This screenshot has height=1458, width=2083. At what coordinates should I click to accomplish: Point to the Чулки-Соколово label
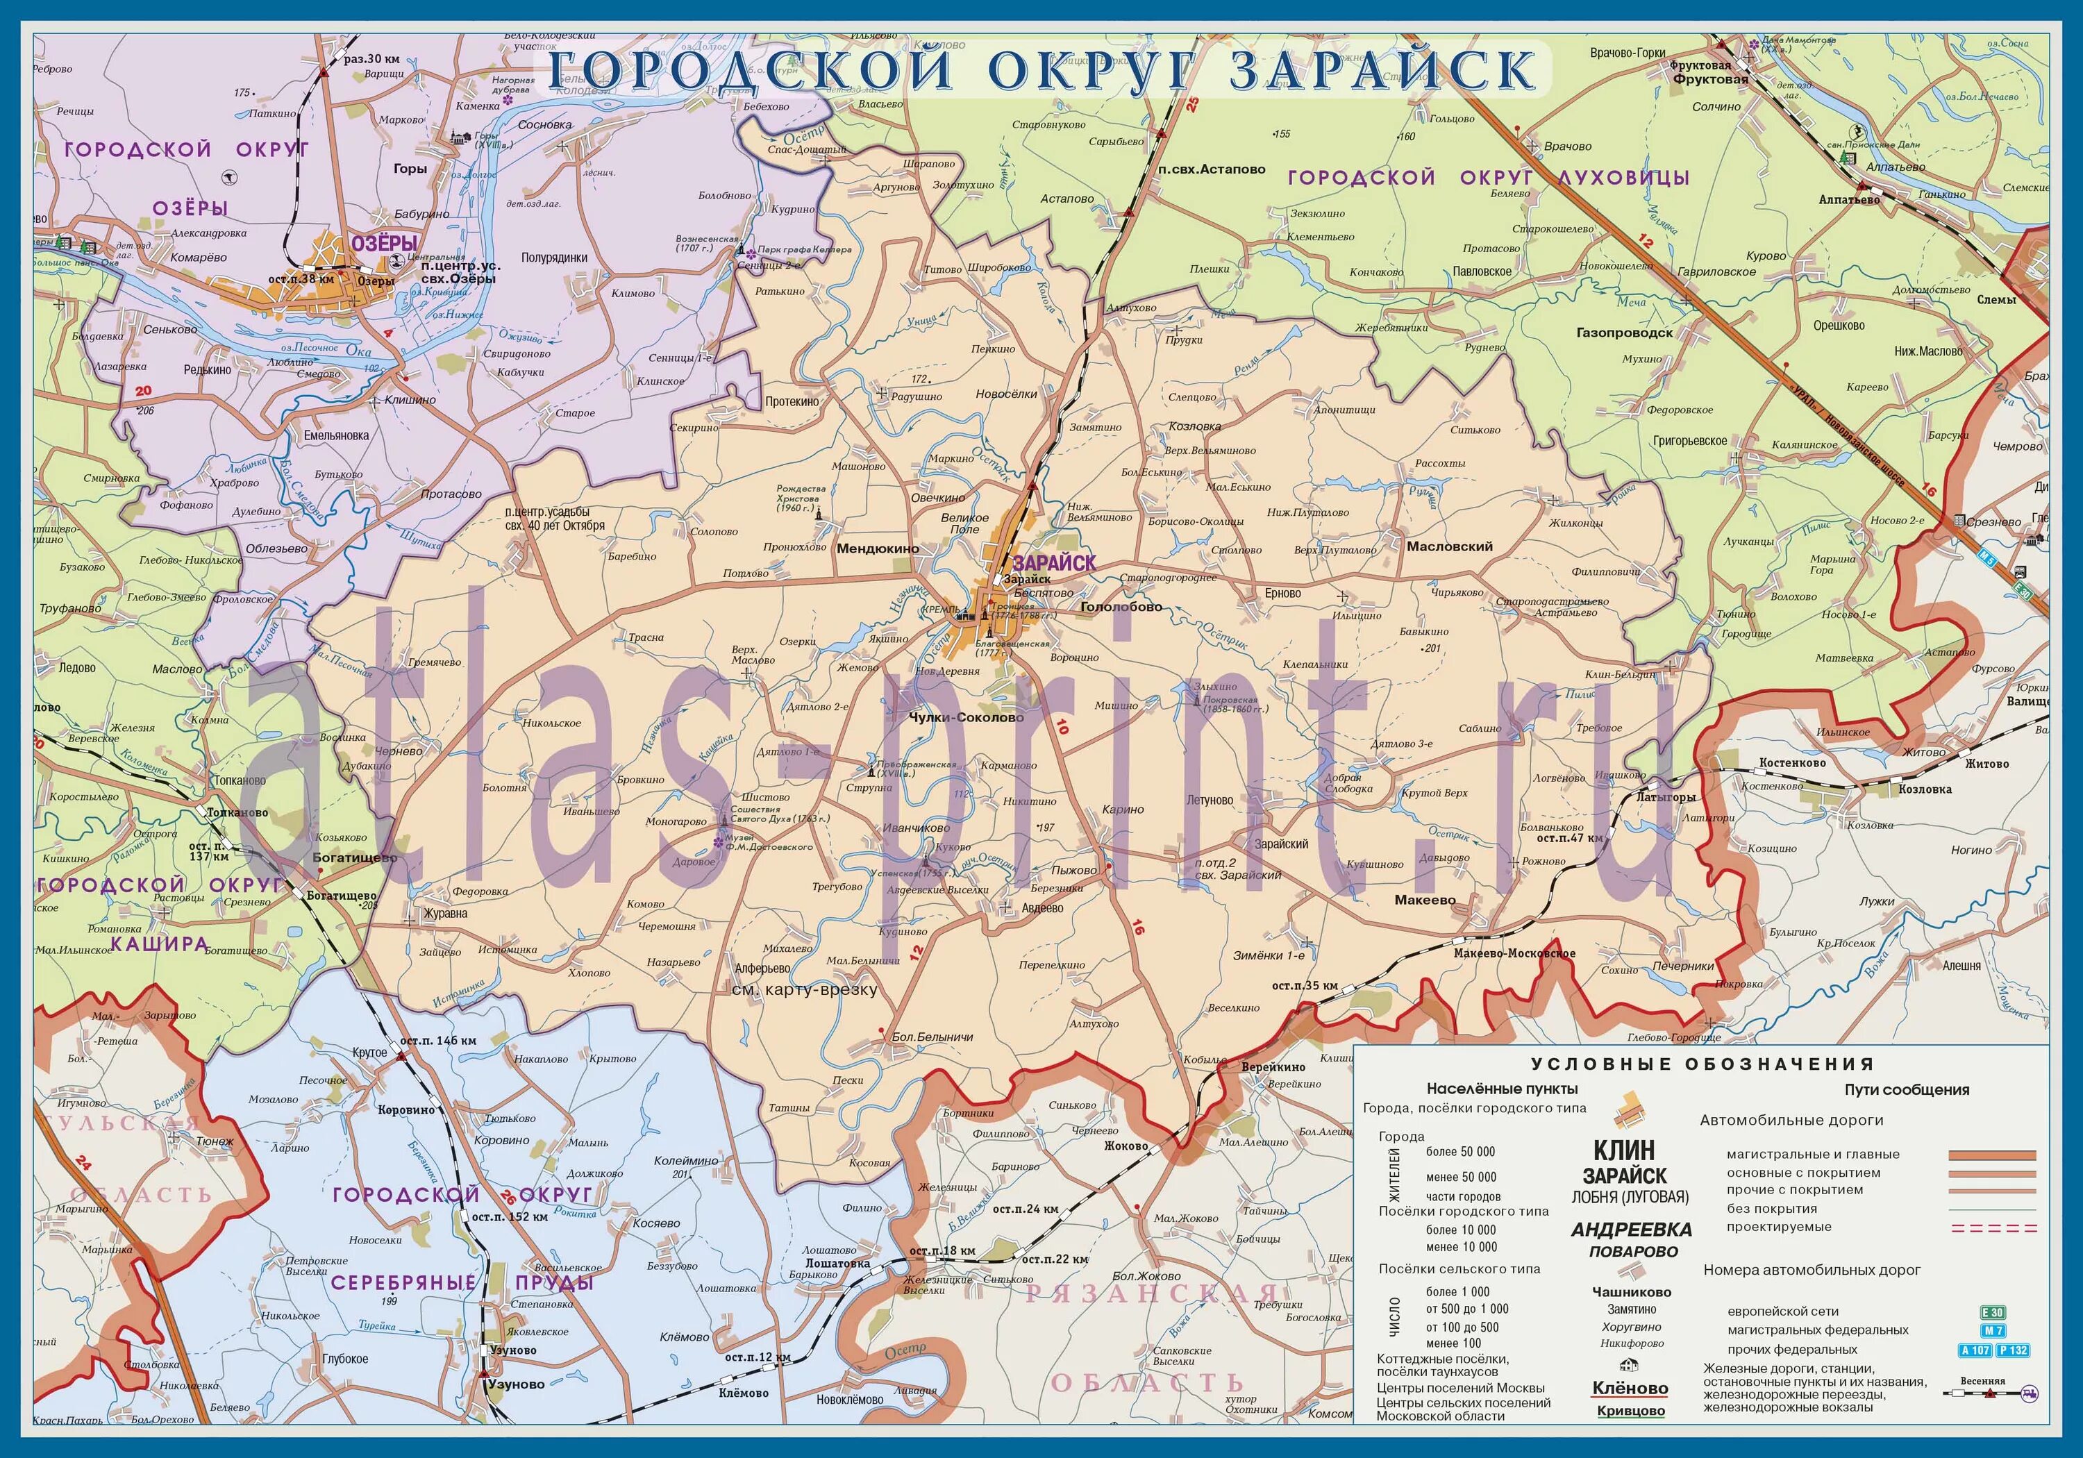click(x=965, y=717)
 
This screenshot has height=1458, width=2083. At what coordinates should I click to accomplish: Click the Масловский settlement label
click(x=1450, y=546)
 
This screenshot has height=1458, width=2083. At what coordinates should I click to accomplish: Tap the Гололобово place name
click(x=1121, y=607)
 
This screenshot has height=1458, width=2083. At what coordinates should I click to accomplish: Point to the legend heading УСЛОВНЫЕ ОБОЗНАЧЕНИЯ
click(x=1702, y=1064)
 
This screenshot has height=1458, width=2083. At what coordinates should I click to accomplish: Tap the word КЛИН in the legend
click(x=1630, y=1150)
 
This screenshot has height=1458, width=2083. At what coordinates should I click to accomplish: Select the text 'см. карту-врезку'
click(x=804, y=990)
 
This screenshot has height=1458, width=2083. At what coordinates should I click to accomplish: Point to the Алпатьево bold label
click(x=1849, y=199)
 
